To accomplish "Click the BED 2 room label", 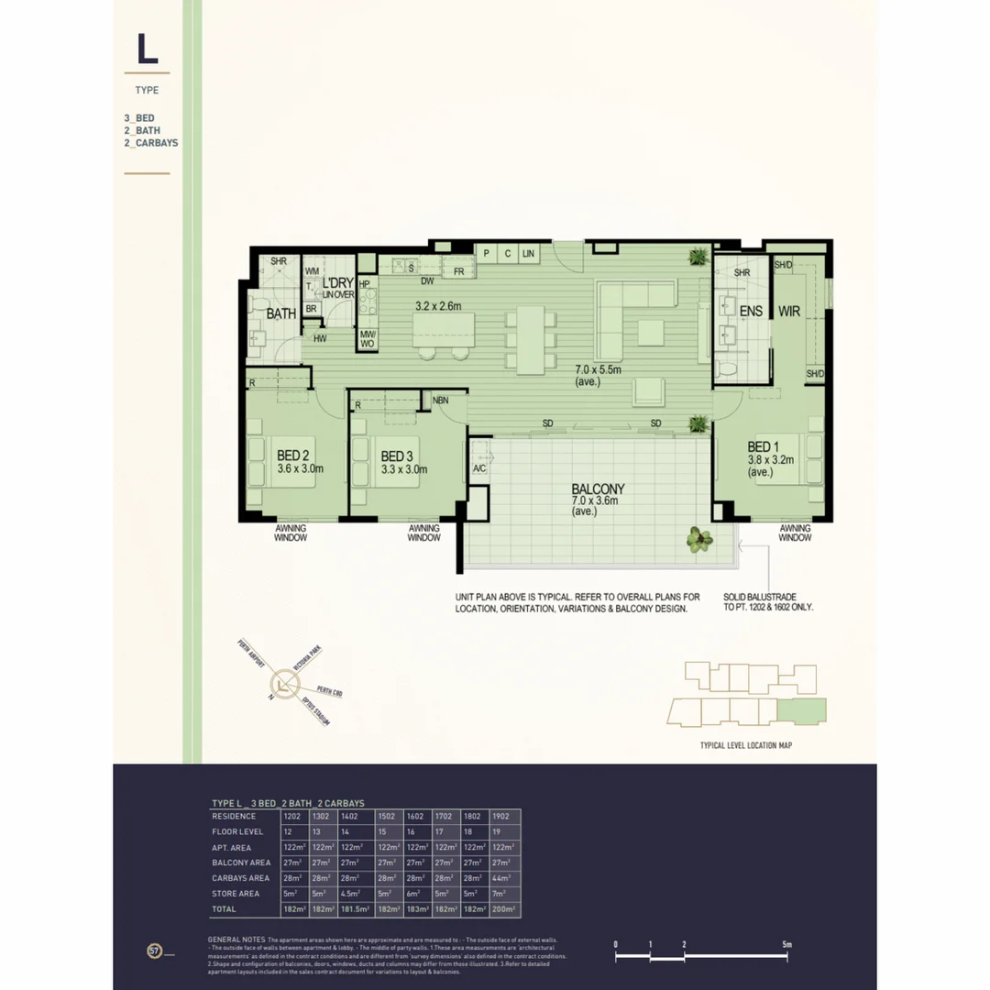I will pyautogui.click(x=292, y=456).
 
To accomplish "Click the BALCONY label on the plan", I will pyautogui.click(x=598, y=489).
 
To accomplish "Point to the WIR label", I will pyautogui.click(x=789, y=312).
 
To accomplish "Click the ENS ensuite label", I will pyautogui.click(x=751, y=312).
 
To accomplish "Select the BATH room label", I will pyautogui.click(x=280, y=313).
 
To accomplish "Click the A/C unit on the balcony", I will pyautogui.click(x=478, y=469).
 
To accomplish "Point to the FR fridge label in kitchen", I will pyautogui.click(x=458, y=271).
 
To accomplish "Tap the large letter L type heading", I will pyautogui.click(x=147, y=50).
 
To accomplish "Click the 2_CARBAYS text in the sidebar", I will pyautogui.click(x=151, y=143).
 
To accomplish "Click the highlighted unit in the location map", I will pyautogui.click(x=801, y=710).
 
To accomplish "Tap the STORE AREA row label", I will pyautogui.click(x=236, y=894).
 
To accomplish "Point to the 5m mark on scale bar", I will pyautogui.click(x=787, y=944).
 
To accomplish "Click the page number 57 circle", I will pyautogui.click(x=154, y=950).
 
